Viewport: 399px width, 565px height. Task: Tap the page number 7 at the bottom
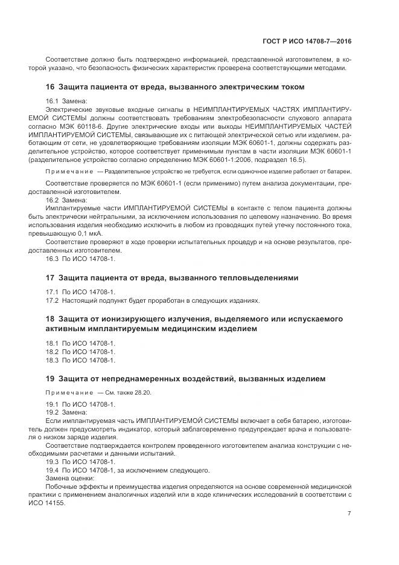click(350, 514)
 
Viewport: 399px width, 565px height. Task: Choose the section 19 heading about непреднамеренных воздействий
click(186, 379)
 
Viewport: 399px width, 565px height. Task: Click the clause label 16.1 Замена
click(67, 100)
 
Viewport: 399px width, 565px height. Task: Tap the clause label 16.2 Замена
click(67, 199)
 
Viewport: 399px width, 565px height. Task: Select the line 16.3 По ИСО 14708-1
click(80, 259)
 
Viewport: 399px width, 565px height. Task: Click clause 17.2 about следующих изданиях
click(153, 300)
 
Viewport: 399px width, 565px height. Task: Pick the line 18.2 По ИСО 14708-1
click(80, 352)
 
